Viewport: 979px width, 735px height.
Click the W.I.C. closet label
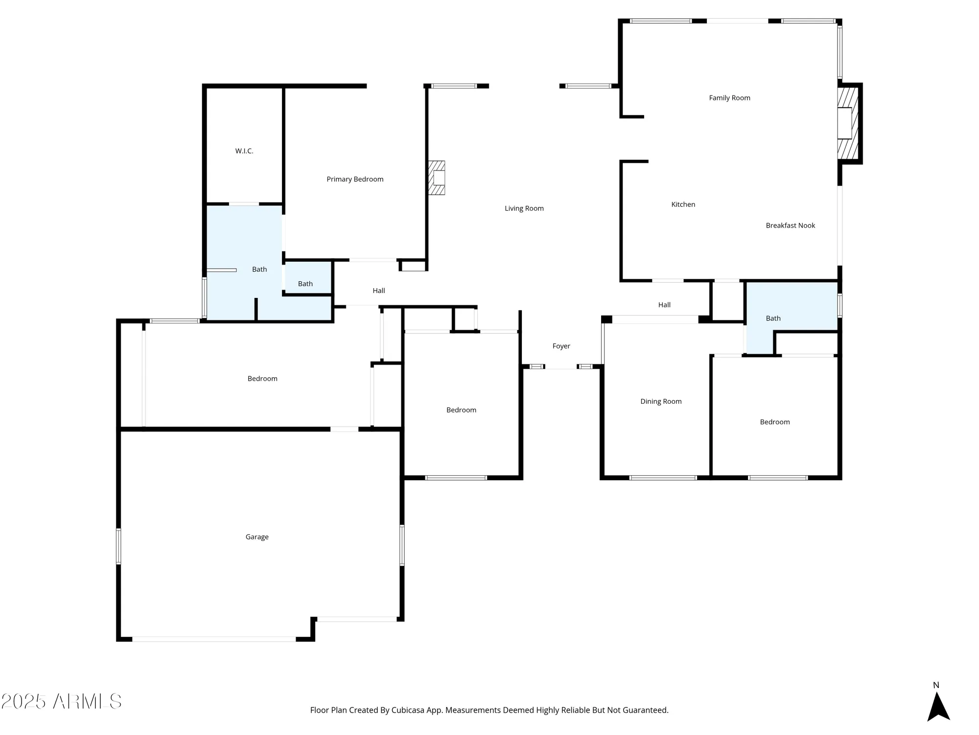coord(244,151)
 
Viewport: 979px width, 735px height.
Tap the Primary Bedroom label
coord(355,179)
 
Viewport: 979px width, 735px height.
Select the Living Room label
coord(524,208)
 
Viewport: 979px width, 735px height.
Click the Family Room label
coord(729,98)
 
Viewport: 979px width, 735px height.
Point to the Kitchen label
coord(683,204)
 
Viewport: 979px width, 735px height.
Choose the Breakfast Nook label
coord(790,225)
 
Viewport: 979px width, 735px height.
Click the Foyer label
coord(561,346)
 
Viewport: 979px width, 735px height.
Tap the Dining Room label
coord(661,401)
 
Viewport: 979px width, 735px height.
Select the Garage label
coord(257,537)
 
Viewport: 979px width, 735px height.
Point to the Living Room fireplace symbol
coord(437,178)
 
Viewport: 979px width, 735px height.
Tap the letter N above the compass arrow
coord(936,685)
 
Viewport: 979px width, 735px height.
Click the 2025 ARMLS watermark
coord(61,702)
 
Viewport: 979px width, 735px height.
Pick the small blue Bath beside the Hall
coord(305,284)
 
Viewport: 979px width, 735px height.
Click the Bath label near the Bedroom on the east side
coord(773,318)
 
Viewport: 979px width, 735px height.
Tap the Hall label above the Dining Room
coord(664,305)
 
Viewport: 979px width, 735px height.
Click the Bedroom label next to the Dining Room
coord(774,422)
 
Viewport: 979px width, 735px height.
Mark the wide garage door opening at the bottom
coord(214,639)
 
